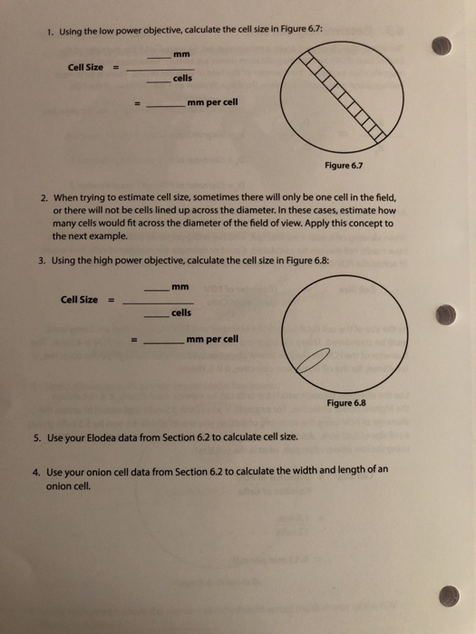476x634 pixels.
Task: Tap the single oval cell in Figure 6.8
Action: (x=309, y=362)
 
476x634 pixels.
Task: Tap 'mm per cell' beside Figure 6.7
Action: (x=213, y=102)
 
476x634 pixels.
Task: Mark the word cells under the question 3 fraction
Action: (x=180, y=312)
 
